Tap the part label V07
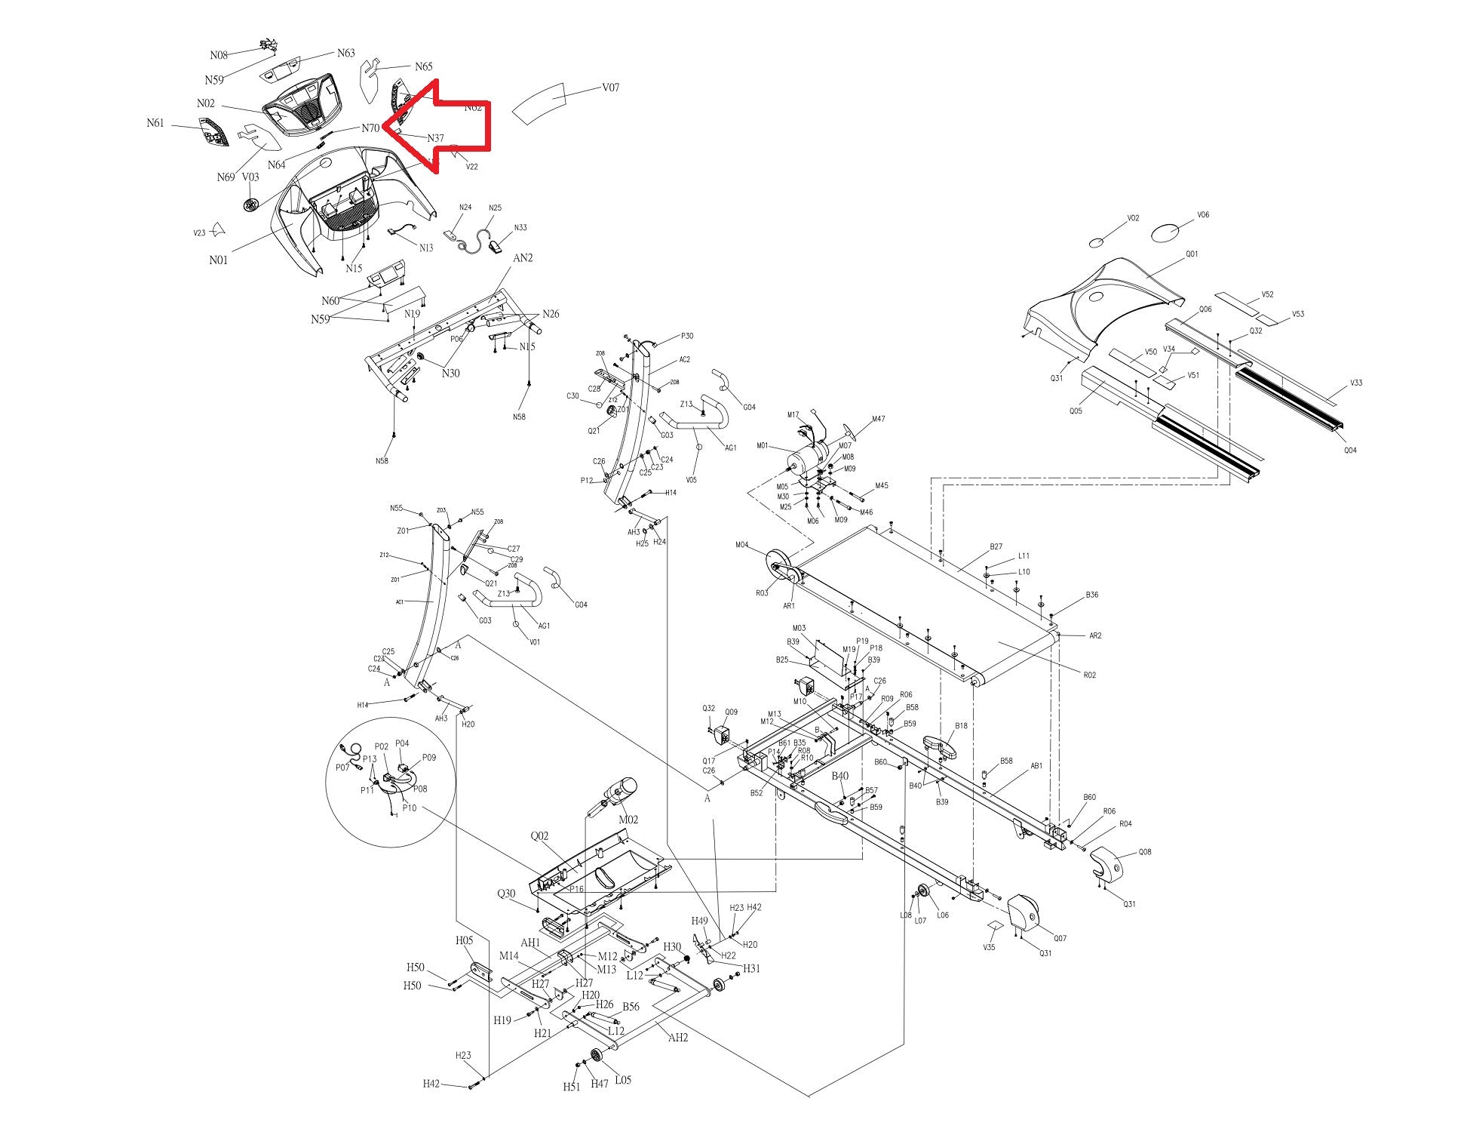click(610, 88)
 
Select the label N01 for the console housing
click(218, 260)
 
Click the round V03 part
click(252, 204)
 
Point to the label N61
click(155, 123)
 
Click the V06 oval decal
click(1166, 232)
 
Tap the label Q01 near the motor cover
click(1192, 254)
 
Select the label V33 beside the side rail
click(1356, 383)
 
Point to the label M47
click(878, 419)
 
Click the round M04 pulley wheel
click(778, 564)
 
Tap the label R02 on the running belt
click(1089, 675)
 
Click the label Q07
click(1060, 938)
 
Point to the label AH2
click(678, 1038)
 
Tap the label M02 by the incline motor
click(628, 820)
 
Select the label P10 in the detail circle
click(409, 808)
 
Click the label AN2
click(523, 258)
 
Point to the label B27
click(996, 547)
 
